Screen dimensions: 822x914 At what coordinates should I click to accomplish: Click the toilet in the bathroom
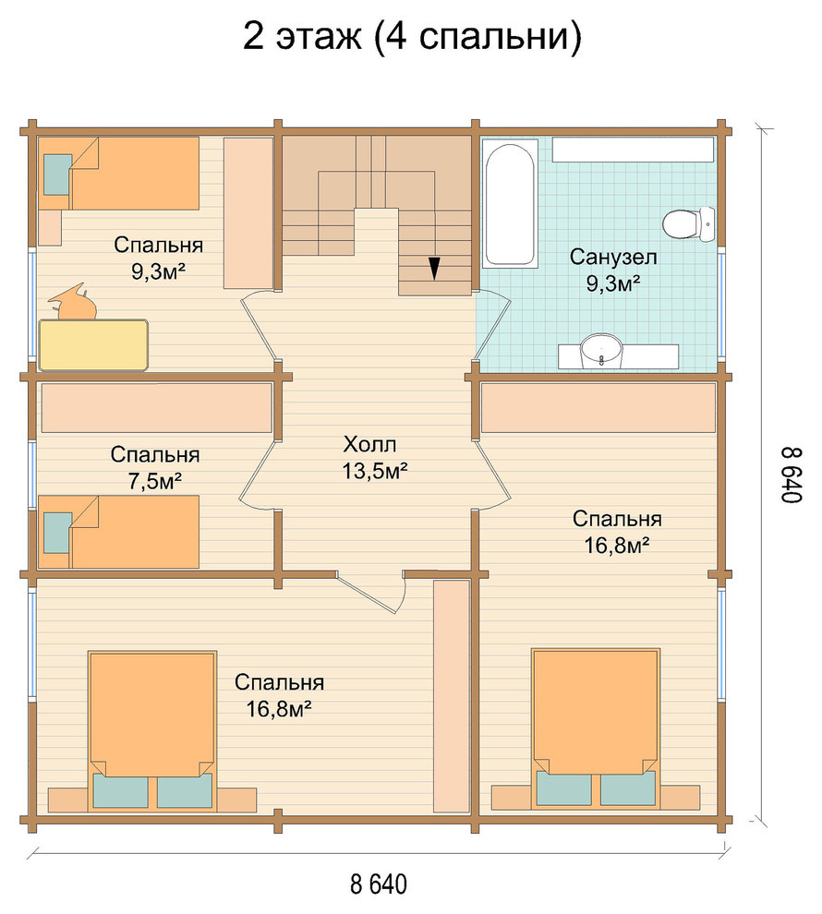point(688,223)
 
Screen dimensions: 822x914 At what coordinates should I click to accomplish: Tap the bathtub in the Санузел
point(509,205)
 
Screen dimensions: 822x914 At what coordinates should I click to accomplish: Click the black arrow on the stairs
point(434,268)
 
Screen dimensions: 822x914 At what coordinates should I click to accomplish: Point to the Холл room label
point(369,444)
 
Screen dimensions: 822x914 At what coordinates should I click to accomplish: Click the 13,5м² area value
point(374,471)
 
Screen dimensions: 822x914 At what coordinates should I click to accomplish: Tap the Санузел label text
point(613,257)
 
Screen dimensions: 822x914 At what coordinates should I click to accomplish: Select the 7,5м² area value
point(155,481)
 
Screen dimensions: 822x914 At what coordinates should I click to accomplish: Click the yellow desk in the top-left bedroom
point(92,344)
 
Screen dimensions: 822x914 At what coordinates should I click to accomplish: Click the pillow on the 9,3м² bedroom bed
point(57,174)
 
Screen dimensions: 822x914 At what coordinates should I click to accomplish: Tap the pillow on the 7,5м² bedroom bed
point(57,533)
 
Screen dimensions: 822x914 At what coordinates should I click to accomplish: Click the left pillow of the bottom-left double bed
point(120,791)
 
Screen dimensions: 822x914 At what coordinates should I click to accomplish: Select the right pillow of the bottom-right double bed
point(628,788)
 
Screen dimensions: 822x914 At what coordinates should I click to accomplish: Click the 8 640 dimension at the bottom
point(379,884)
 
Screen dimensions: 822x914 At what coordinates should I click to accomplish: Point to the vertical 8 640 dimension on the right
point(792,475)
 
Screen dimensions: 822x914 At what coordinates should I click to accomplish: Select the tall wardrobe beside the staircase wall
point(248,212)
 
